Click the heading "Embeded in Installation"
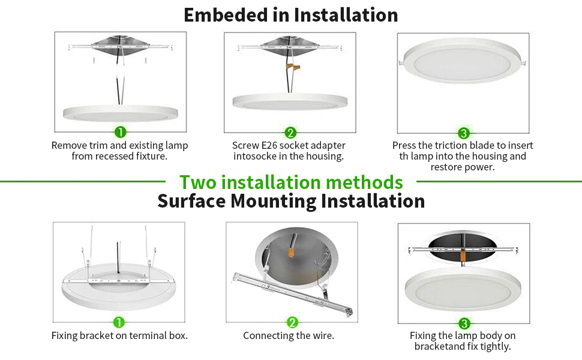coord(291,15)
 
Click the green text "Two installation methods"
coord(291,181)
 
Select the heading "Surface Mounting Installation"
coord(291,201)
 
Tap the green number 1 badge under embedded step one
coord(120,132)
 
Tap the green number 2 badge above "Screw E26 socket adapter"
coord(290,133)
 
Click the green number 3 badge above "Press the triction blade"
coord(463,133)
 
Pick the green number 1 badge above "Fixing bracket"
coord(119,323)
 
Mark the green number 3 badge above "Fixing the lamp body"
coord(463,323)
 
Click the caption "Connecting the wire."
coord(289,335)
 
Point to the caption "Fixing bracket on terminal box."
coord(119,335)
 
